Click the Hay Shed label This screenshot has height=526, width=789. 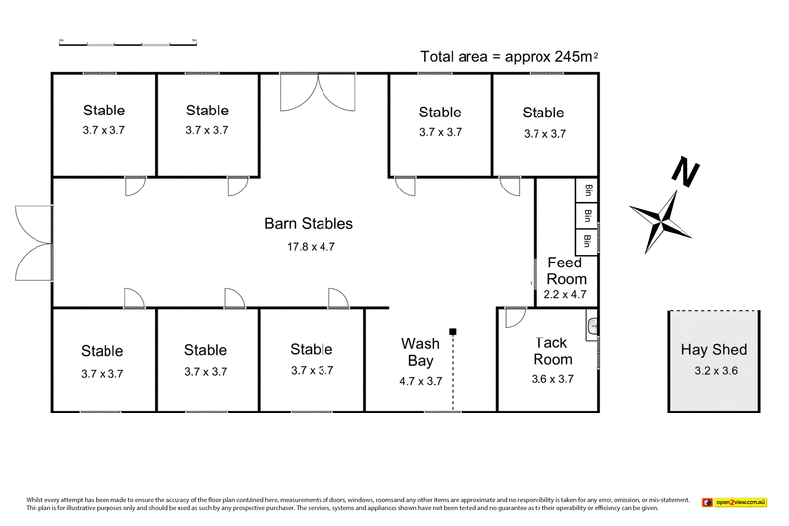coord(714,349)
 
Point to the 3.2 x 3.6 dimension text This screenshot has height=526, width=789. coord(714,371)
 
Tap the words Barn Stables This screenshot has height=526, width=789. coord(308,224)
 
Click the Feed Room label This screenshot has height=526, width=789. coord(566,271)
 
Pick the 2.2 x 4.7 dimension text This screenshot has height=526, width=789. coord(566,293)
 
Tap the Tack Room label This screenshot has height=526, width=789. coord(551,351)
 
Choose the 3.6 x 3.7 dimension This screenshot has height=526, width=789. coord(551,378)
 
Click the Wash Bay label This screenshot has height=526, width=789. coord(420,353)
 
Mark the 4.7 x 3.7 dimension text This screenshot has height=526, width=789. coord(420,381)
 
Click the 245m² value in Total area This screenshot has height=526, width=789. coord(571,56)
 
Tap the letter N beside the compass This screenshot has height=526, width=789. coord(682,173)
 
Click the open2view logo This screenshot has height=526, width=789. coord(735,503)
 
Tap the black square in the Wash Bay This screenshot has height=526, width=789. coord(452,331)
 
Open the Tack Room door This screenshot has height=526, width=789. coord(513,317)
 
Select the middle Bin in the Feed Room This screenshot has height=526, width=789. coord(587,215)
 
